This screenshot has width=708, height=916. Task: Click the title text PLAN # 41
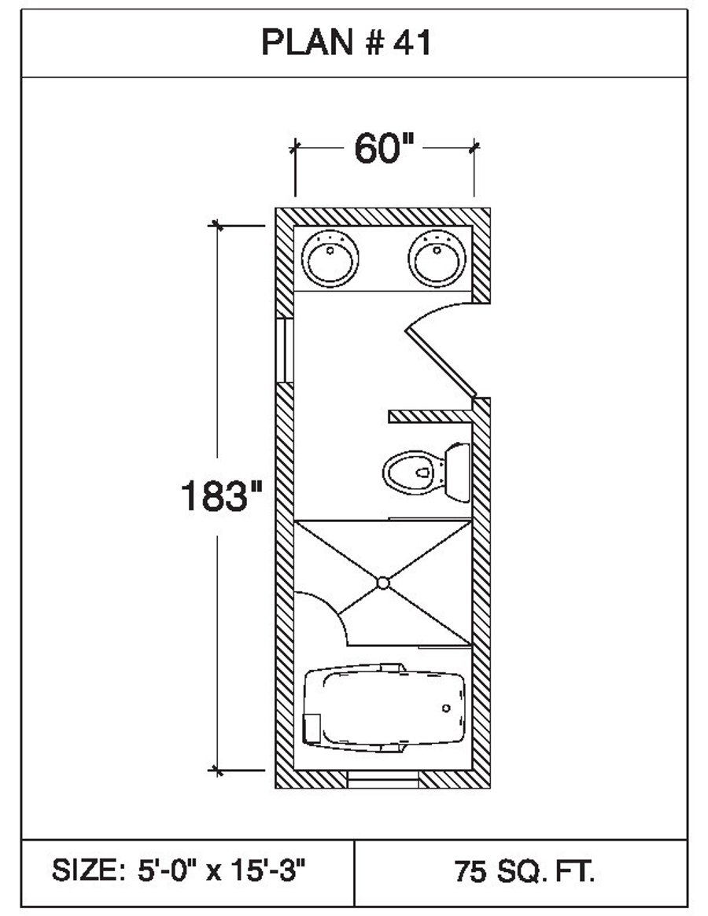point(346,44)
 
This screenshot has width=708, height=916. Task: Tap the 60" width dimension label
point(384,149)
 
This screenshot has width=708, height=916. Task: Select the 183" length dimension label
point(220,496)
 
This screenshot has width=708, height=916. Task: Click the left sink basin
point(330,257)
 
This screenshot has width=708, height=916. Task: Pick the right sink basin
point(437,257)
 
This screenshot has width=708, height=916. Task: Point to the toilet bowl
point(412,473)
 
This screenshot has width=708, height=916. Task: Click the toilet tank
point(457,472)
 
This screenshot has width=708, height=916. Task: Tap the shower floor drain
point(383,583)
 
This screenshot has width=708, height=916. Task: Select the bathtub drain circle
point(447,707)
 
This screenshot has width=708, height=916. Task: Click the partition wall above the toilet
point(430,415)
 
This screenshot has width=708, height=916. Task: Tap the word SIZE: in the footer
point(84,871)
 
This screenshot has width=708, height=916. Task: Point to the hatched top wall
point(382,215)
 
